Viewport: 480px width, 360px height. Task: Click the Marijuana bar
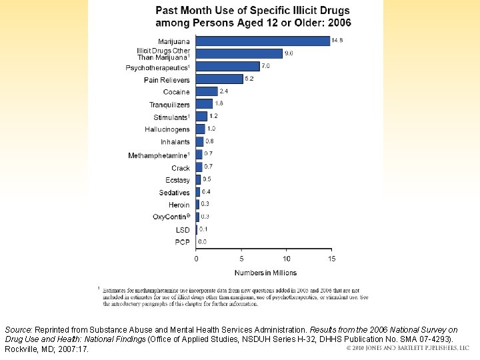coord(263,41)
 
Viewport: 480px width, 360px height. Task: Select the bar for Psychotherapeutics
coord(227,67)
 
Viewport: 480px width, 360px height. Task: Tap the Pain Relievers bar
coord(219,79)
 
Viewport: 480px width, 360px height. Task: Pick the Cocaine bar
coord(207,91)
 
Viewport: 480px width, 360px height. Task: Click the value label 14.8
coord(339,41)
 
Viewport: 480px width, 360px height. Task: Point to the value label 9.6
coord(290,53)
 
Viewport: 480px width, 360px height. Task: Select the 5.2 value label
coord(250,78)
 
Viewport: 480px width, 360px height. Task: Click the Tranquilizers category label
coord(169,105)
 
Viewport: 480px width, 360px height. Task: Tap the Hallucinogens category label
coord(167,129)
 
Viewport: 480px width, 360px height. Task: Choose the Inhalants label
coord(175,142)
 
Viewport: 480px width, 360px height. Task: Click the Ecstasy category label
coord(177,180)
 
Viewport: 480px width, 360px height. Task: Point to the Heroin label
coord(179,205)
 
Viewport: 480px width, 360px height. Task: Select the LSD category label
coord(183,230)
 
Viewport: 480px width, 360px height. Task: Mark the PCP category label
coord(182,242)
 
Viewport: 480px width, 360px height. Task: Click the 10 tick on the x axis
coord(286,259)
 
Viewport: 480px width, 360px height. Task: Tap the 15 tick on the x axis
coord(331,259)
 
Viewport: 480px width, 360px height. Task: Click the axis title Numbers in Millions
coord(265,273)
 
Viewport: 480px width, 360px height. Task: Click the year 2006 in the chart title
coord(338,23)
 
